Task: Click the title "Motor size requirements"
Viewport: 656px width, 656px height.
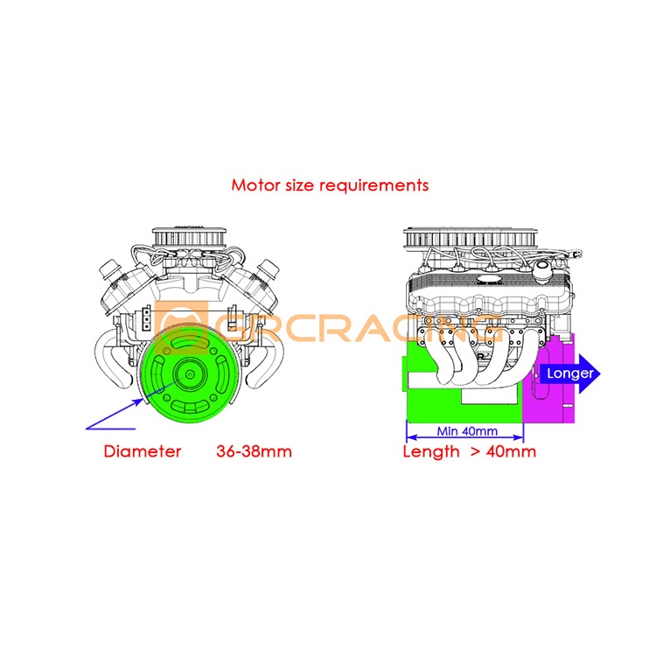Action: point(330,185)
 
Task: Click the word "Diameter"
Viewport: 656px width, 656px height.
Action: point(143,451)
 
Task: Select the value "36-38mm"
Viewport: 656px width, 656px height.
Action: point(254,451)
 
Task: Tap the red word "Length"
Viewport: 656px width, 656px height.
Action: point(430,451)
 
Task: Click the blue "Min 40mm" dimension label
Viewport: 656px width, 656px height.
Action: point(465,432)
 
